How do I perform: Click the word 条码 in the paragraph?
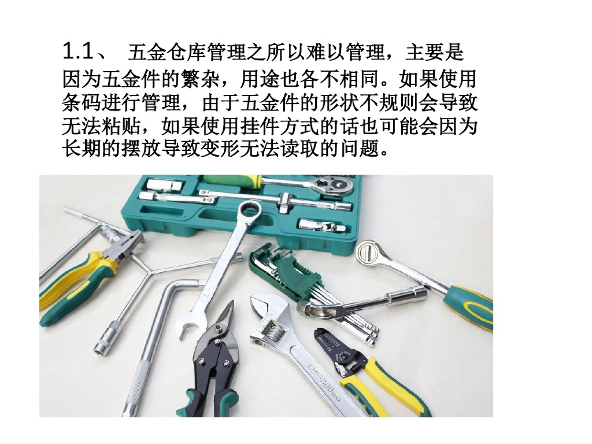click(x=82, y=103)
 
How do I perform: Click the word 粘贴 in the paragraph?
click(x=121, y=127)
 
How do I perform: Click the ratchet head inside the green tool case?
click(x=334, y=186)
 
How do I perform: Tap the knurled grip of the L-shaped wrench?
click(x=135, y=385)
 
